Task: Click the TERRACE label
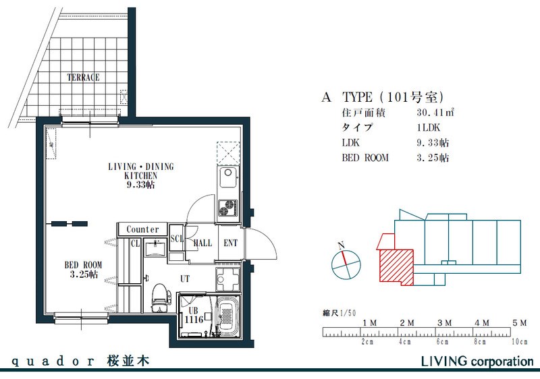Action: [83, 77]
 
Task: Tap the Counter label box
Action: [142, 229]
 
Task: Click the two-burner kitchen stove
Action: [227, 208]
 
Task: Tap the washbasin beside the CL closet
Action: [155, 248]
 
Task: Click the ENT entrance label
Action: [230, 243]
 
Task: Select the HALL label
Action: [202, 243]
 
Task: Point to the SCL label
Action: [177, 239]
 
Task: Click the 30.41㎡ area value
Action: [435, 113]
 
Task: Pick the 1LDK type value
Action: [428, 127]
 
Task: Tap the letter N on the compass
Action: [341, 245]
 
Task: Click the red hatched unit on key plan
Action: [396, 267]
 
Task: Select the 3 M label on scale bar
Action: [444, 323]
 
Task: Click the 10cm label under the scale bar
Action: [519, 342]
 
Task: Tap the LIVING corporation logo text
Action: [477, 361]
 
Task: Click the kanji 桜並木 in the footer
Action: [128, 361]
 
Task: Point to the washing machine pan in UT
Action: [227, 279]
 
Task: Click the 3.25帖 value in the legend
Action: [433, 158]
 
